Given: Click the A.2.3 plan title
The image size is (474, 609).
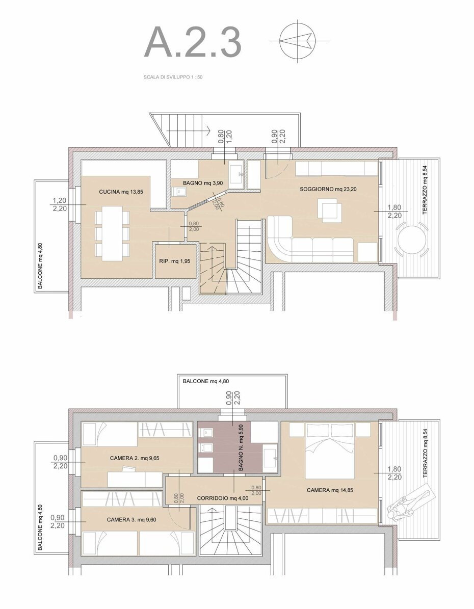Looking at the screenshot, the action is click(x=193, y=42).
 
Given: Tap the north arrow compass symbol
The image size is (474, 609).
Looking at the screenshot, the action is click(x=297, y=40).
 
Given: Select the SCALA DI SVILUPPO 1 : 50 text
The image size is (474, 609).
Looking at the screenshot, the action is click(x=173, y=77).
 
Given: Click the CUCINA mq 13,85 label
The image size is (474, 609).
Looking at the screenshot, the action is click(x=124, y=192).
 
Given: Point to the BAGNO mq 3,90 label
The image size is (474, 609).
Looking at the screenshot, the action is click(x=203, y=183).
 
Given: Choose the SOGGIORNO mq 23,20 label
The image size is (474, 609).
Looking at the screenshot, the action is click(x=328, y=189).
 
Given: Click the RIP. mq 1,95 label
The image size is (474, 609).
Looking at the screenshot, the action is click(x=175, y=261).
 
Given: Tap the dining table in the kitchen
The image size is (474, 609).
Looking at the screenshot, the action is click(x=112, y=233).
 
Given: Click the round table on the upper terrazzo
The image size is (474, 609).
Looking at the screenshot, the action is click(x=412, y=240).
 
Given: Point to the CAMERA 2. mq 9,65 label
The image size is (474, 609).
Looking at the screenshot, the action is click(x=135, y=458).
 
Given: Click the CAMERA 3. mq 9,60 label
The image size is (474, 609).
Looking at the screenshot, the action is click(x=131, y=519).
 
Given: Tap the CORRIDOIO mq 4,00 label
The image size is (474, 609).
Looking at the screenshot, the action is click(x=222, y=498).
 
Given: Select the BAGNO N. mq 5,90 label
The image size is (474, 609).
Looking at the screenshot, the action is click(x=241, y=448).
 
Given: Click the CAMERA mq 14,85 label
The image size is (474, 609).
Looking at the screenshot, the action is click(x=330, y=490).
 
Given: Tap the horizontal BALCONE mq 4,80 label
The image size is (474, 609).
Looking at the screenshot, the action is click(x=206, y=381).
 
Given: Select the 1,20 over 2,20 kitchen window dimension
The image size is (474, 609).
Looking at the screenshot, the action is click(x=60, y=205).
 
